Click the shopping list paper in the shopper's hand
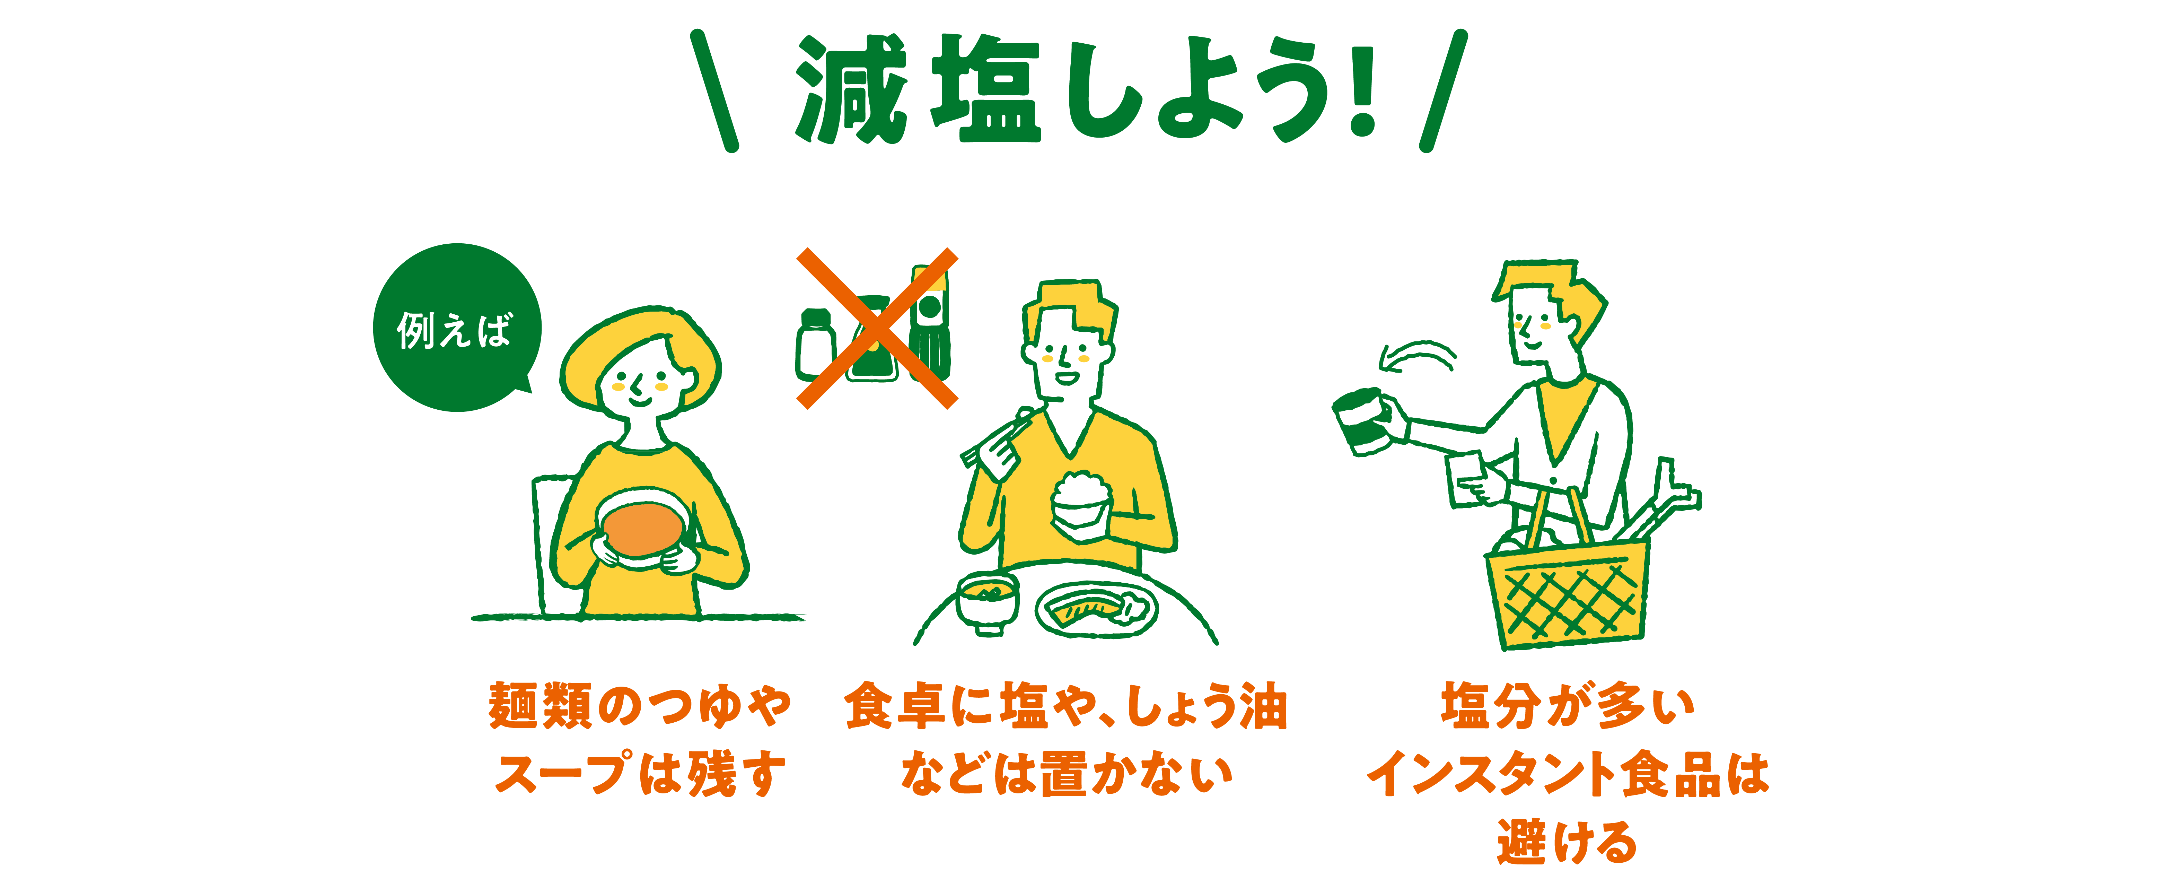(1468, 479)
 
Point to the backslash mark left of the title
(714, 90)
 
